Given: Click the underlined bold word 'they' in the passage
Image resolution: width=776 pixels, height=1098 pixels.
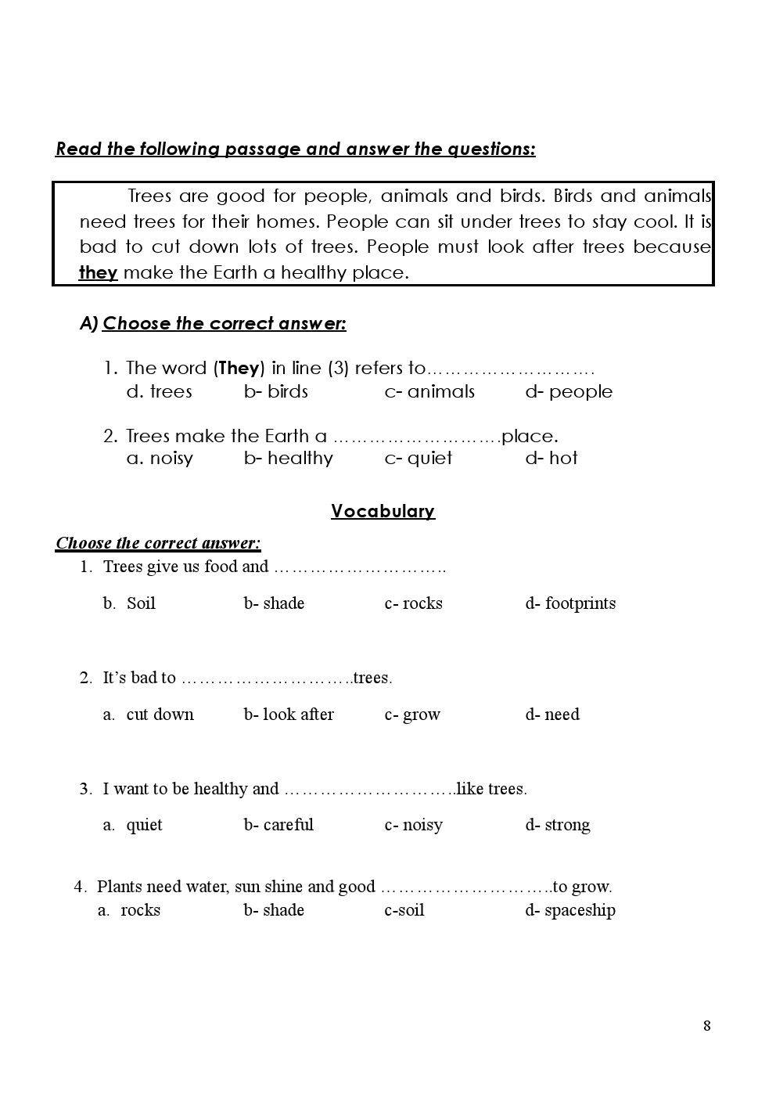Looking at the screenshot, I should [x=98, y=272].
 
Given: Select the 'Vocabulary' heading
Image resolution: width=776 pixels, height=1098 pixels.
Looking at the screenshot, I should [x=383, y=511].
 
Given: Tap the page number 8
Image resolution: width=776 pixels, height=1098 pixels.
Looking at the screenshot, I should [x=707, y=1026].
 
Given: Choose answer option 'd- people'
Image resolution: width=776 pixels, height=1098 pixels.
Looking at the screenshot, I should [x=569, y=391].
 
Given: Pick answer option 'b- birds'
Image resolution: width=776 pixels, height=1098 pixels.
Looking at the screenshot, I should [x=276, y=391].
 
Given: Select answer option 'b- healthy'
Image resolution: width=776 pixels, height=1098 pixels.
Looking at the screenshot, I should [x=289, y=458].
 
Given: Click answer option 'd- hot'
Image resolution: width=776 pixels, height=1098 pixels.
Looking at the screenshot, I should [x=551, y=458].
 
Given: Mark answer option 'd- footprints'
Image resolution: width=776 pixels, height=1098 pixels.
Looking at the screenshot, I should [x=570, y=603].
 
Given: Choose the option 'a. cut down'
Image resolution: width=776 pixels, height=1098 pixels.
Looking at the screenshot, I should [x=149, y=715].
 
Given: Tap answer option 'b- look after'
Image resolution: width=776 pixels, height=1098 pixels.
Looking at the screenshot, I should [x=289, y=715].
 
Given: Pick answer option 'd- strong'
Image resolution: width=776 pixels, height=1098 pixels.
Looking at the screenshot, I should [x=558, y=825].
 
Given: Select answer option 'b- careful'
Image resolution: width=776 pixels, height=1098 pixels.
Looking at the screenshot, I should [x=278, y=825].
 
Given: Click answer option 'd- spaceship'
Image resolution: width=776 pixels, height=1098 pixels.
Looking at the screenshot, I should [x=570, y=910].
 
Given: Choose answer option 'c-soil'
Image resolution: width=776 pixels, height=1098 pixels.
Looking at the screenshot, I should [x=404, y=910].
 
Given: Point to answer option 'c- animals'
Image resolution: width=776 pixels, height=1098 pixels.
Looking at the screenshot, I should [x=429, y=391].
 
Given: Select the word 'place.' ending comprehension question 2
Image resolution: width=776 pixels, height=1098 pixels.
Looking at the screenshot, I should [x=530, y=436].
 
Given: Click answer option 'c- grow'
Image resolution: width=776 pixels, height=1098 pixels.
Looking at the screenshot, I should [x=412, y=715].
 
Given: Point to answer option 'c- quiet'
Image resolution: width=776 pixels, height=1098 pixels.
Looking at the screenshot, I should [x=419, y=458].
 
